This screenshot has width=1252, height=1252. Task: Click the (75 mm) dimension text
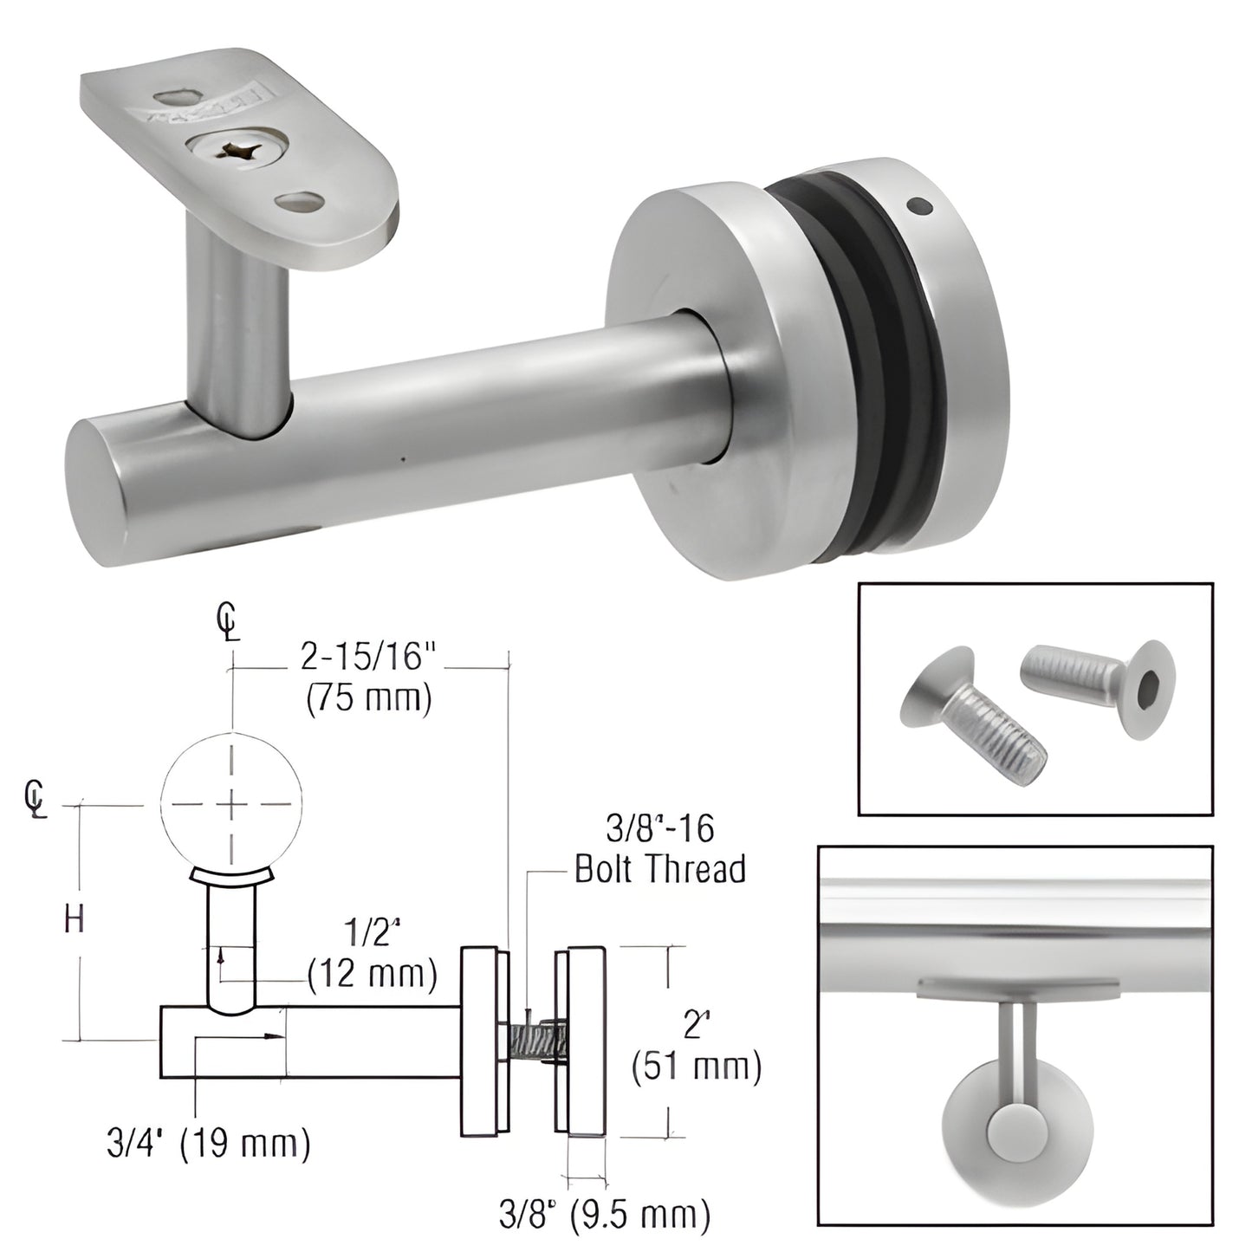pyautogui.click(x=368, y=698)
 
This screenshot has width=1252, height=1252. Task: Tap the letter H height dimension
pyautogui.click(x=75, y=920)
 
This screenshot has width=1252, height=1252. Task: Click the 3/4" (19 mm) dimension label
pyautogui.click(x=208, y=1145)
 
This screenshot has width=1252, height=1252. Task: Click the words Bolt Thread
pyautogui.click(x=660, y=868)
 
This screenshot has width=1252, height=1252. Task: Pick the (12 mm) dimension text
pyautogui.click(x=373, y=976)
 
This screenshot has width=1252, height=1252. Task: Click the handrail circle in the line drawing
pyautogui.click(x=231, y=804)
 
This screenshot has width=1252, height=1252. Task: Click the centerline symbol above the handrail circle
pyautogui.click(x=228, y=622)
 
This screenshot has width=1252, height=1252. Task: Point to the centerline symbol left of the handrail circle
pyautogui.click(x=35, y=799)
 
